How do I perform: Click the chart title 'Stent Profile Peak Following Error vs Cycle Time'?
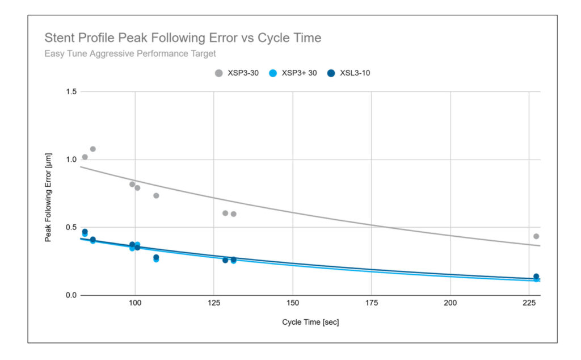click(x=183, y=38)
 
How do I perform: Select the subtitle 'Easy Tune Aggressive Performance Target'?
click(x=130, y=54)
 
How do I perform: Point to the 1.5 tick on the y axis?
click(x=71, y=92)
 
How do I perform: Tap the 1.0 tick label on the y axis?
click(x=71, y=160)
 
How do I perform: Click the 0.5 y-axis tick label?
click(x=71, y=228)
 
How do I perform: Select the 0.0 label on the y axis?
click(x=71, y=295)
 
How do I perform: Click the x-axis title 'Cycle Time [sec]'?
click(x=310, y=323)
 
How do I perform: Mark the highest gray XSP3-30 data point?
click(x=93, y=149)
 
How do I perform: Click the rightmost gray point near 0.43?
click(x=536, y=236)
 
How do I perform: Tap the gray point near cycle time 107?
click(x=156, y=196)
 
